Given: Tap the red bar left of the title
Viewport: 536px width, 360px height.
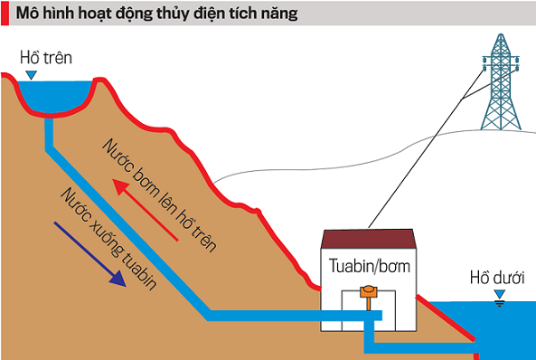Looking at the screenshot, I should tap(5, 15).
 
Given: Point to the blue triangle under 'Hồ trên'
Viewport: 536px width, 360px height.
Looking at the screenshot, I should tap(33, 76).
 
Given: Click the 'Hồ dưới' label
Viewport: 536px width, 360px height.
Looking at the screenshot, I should tap(496, 276).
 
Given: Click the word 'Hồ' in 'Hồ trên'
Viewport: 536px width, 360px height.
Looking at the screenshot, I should tap(31, 60).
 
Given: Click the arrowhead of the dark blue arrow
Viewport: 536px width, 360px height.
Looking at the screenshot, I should tap(118, 279).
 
